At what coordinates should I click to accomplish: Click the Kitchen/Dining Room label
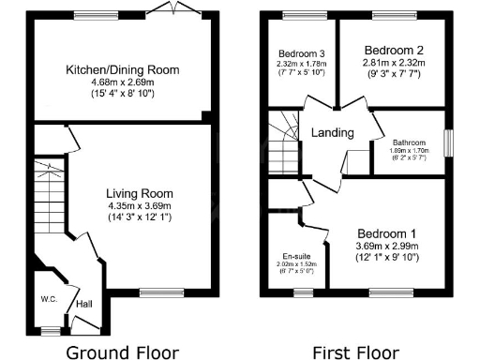click(x=122, y=69)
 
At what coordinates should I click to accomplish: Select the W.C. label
click(x=50, y=300)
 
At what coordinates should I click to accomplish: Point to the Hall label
click(x=83, y=304)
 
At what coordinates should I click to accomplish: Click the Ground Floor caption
click(x=122, y=352)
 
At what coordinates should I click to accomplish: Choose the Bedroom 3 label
click(x=302, y=53)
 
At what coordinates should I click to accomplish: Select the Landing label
click(x=333, y=133)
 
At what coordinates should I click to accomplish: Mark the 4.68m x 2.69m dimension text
click(x=122, y=82)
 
